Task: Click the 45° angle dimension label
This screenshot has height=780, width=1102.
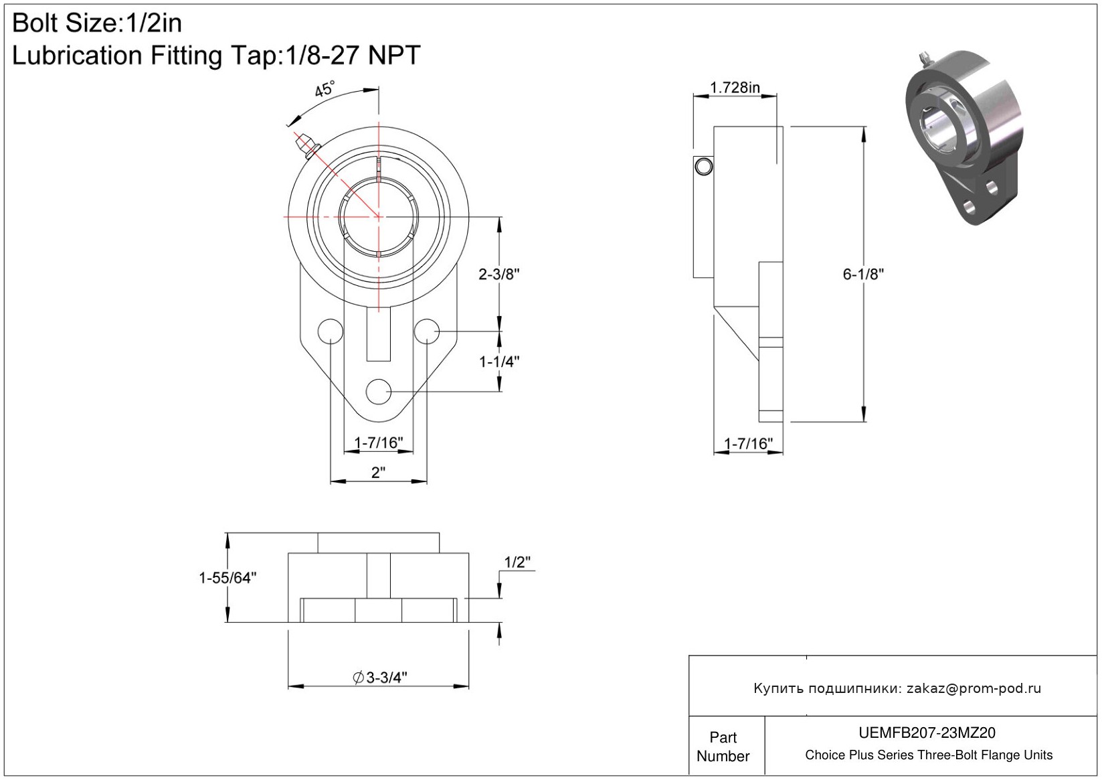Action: point(325,88)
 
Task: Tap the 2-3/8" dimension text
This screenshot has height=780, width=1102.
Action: point(499,275)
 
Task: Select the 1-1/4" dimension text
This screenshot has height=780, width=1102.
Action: point(499,362)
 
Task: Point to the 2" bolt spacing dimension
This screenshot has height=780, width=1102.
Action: point(378,473)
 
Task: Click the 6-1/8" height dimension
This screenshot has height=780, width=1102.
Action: point(863,275)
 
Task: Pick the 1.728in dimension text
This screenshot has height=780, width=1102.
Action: point(735,88)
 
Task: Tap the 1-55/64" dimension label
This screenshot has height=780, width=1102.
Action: point(227,578)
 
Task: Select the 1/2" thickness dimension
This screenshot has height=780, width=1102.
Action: point(518,562)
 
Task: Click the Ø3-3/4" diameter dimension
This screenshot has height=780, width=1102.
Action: point(380,678)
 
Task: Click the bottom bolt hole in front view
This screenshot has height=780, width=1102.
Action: point(378,392)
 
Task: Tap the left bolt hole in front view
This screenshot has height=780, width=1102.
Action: point(331,331)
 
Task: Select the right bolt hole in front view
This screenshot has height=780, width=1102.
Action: point(426,331)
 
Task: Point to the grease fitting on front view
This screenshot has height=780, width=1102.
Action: point(306,145)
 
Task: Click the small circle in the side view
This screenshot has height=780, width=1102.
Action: point(704,167)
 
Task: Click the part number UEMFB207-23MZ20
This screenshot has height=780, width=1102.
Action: point(927,732)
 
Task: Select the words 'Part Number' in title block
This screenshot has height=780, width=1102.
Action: point(723,747)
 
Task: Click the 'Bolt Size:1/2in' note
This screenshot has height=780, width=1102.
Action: point(97,23)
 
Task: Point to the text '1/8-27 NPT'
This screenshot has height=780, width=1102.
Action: point(352,55)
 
